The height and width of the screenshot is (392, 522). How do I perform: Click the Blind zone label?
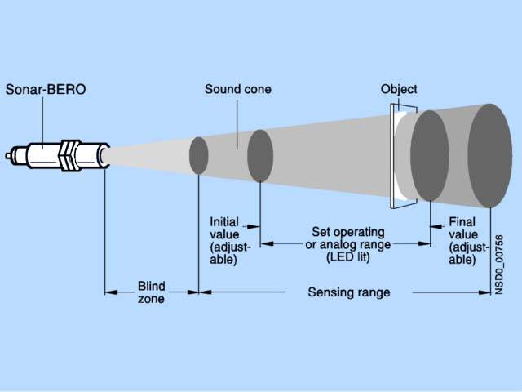[151, 292]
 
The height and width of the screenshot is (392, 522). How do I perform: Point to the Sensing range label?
[348, 292]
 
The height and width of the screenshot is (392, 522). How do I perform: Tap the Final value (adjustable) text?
[468, 240]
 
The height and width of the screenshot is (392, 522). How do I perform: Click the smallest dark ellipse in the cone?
[199, 155]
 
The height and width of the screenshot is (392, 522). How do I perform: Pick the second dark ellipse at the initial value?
[259, 155]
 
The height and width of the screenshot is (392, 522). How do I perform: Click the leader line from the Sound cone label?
[237, 122]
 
